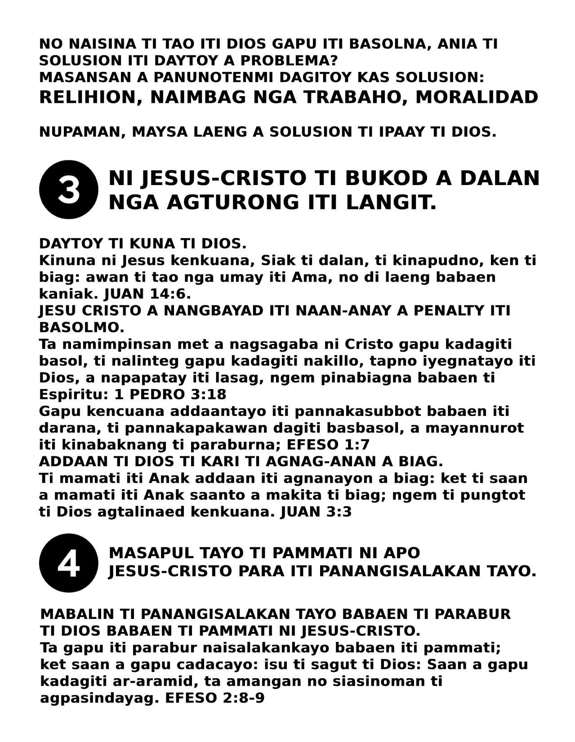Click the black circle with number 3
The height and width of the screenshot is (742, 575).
[x=69, y=190]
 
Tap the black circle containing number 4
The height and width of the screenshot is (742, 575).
[x=69, y=563]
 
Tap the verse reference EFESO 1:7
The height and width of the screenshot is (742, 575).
[x=328, y=445]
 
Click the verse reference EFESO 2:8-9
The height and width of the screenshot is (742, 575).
[x=215, y=699]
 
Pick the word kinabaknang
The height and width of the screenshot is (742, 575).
[x=115, y=445]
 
